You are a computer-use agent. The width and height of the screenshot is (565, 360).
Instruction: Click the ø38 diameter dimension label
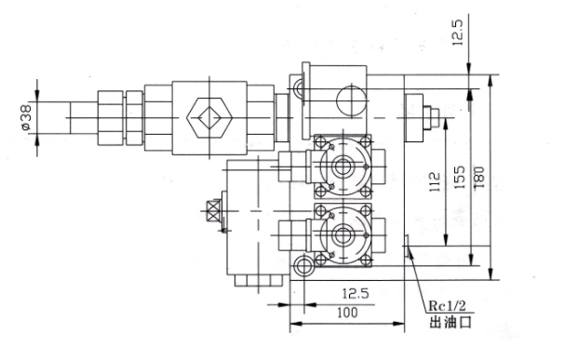tap(26, 117)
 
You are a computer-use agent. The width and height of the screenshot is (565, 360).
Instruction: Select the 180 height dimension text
tap(479, 177)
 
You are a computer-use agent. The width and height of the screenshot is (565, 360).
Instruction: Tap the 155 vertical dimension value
tap(460, 177)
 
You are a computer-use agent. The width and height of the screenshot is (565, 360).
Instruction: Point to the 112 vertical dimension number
tap(436, 181)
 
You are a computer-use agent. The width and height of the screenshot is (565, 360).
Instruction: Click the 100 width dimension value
tap(347, 313)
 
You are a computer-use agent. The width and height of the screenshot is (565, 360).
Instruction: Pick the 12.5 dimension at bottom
tap(356, 294)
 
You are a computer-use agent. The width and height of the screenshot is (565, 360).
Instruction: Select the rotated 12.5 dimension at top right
tap(458, 32)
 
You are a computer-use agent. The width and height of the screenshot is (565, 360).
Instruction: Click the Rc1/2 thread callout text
tap(447, 306)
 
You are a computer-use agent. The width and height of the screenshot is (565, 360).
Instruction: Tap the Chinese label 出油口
tap(451, 322)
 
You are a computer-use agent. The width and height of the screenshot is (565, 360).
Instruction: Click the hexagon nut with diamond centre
tap(209, 118)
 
